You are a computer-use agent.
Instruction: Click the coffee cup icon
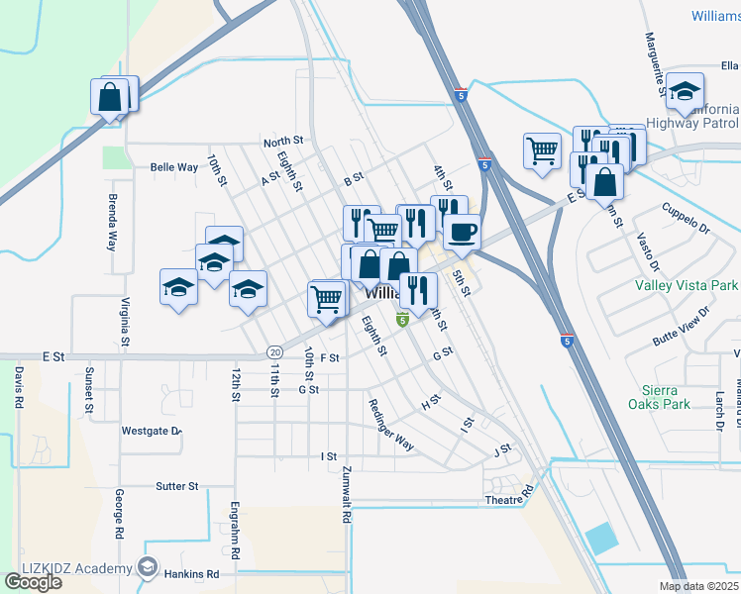pyautogui.click(x=462, y=234)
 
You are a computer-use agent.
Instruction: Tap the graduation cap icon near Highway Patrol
pyautogui.click(x=684, y=93)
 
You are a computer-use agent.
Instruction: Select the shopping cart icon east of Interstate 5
pyautogui.click(x=542, y=151)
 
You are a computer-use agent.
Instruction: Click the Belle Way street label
pyautogui.click(x=174, y=167)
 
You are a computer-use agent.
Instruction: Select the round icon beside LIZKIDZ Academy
pyautogui.click(x=148, y=567)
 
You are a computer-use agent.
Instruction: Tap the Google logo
pyautogui.click(x=33, y=582)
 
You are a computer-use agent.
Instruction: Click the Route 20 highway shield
pyautogui.click(x=274, y=351)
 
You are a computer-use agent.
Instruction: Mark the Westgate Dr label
pyautogui.click(x=152, y=431)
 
